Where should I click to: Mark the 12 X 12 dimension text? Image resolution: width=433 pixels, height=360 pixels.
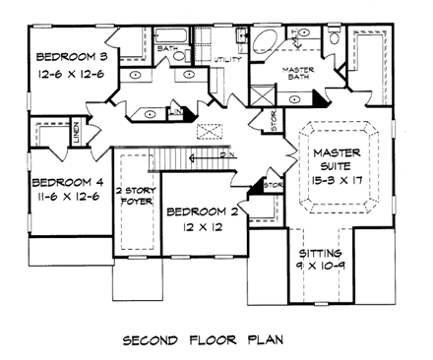(201, 228)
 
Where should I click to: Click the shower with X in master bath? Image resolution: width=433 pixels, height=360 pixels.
(260, 98)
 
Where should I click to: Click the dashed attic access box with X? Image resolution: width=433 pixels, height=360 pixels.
(209, 131)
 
